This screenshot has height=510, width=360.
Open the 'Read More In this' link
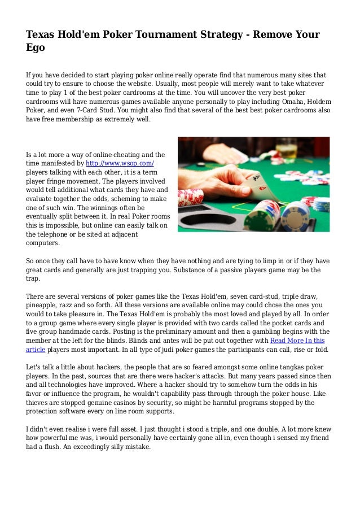point(297,340)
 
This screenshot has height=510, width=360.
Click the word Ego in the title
point(35,48)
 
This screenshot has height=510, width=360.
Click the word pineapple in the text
point(42,305)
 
